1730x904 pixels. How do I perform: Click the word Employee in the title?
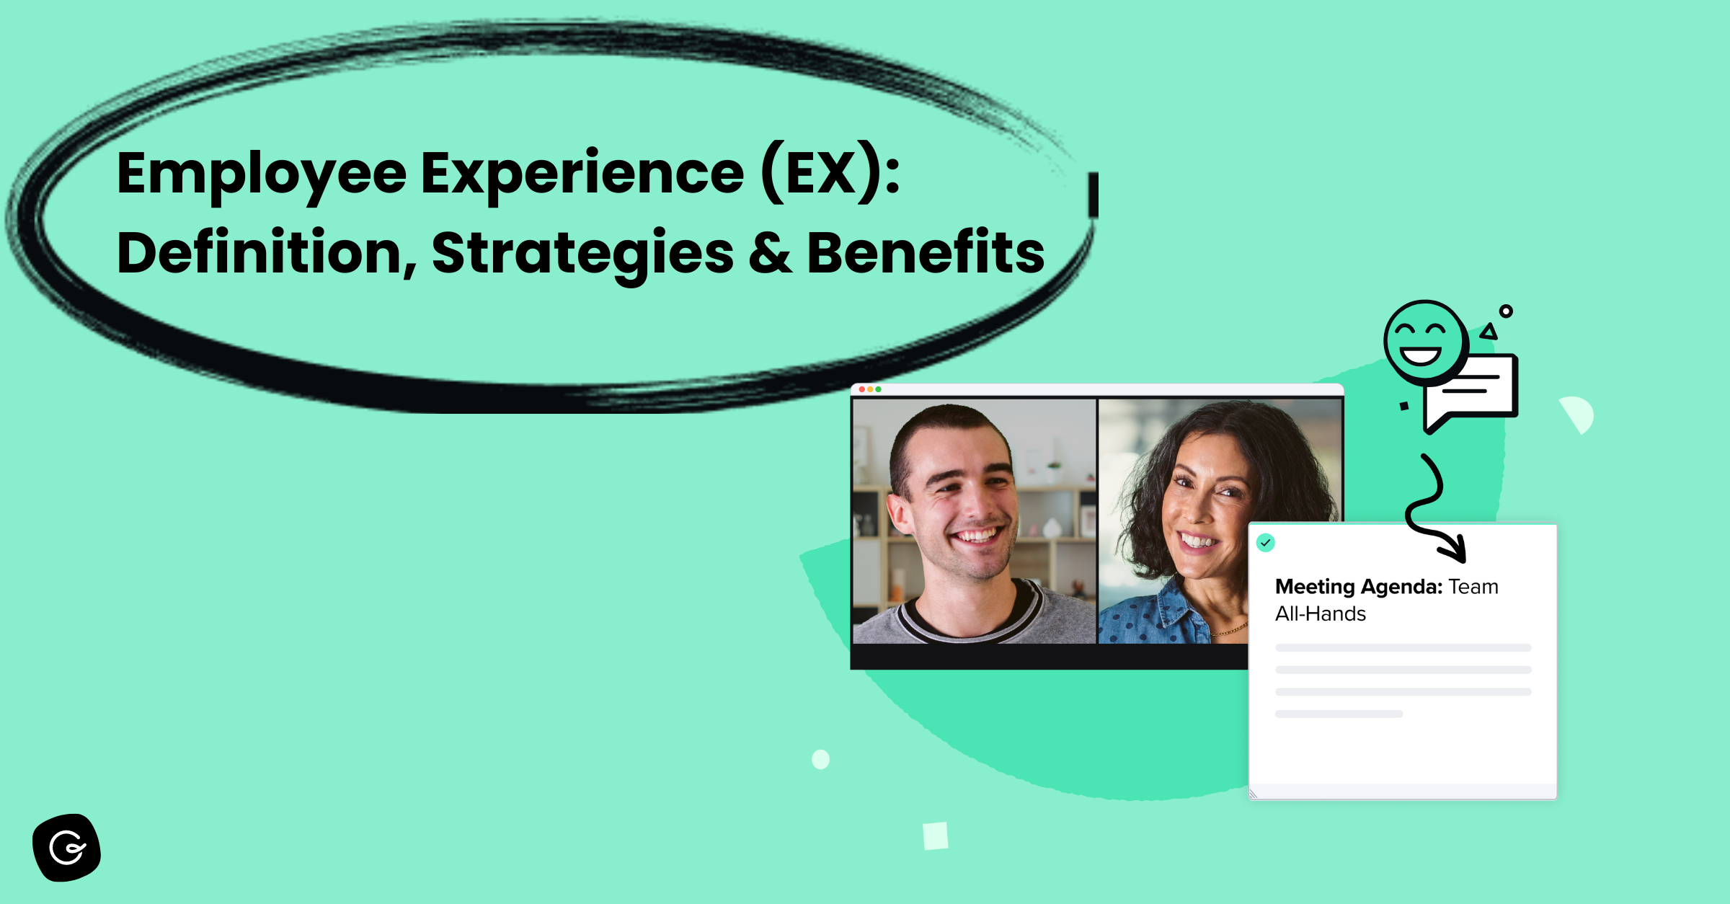coord(262,175)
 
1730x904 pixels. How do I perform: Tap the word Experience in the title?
coord(582,175)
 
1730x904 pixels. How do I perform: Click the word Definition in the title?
coord(267,254)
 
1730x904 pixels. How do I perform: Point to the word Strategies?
coord(582,254)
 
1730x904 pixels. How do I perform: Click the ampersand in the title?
coord(770,254)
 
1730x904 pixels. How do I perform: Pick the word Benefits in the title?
coord(926,254)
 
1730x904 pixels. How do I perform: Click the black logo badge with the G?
coord(67,848)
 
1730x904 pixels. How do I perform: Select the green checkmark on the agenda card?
coord(1266,543)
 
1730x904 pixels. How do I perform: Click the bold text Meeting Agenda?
coord(1358,587)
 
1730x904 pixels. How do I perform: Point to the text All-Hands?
coord(1321,614)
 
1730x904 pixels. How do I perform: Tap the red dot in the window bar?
coord(862,389)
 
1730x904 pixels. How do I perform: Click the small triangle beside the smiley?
coord(1489,332)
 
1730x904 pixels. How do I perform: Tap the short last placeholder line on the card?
coord(1339,714)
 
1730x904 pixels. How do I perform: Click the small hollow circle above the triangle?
coord(1506,311)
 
